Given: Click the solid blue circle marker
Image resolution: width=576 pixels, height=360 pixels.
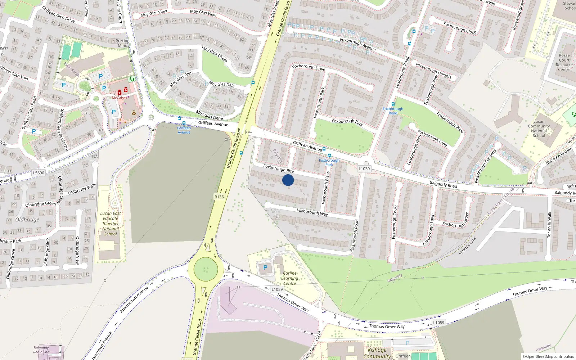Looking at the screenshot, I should coord(288,180).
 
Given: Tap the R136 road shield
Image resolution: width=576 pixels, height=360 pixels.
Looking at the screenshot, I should coord(219,197).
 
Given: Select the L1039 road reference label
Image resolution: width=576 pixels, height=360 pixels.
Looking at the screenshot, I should coord(364,168).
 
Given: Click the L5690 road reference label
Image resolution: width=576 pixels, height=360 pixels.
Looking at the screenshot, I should coord(39,173).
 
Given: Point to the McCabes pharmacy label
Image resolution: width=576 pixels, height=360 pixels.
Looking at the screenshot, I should coord(119,98).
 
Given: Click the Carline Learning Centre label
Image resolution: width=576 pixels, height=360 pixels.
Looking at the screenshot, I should coord(290,278).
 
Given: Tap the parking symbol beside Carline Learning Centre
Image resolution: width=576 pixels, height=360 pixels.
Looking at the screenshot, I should coord(265,267).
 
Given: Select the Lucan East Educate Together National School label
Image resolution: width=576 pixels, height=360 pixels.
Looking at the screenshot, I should coord(111,224).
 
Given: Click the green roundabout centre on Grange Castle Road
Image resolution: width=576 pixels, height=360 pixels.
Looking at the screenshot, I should coord(206,269).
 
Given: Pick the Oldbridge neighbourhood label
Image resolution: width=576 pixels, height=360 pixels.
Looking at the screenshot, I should coord(27,220).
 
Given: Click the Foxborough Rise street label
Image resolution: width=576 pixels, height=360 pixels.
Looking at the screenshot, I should coord(278,168).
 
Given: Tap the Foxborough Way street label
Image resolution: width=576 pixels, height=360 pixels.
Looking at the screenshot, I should coord(312,212).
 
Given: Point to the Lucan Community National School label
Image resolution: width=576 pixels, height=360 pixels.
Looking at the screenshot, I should coord(539,129).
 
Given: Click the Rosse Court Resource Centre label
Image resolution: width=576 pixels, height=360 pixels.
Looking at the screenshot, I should coord(564,63).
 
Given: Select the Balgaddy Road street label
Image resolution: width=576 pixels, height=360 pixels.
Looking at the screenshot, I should coord(443,184).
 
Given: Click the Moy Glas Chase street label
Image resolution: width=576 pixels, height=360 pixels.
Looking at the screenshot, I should coord(215,54).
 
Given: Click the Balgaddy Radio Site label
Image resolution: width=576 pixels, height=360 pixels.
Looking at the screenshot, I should coord(41,350).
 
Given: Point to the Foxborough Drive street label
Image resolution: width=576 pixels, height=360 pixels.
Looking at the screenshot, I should coord(309,67).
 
